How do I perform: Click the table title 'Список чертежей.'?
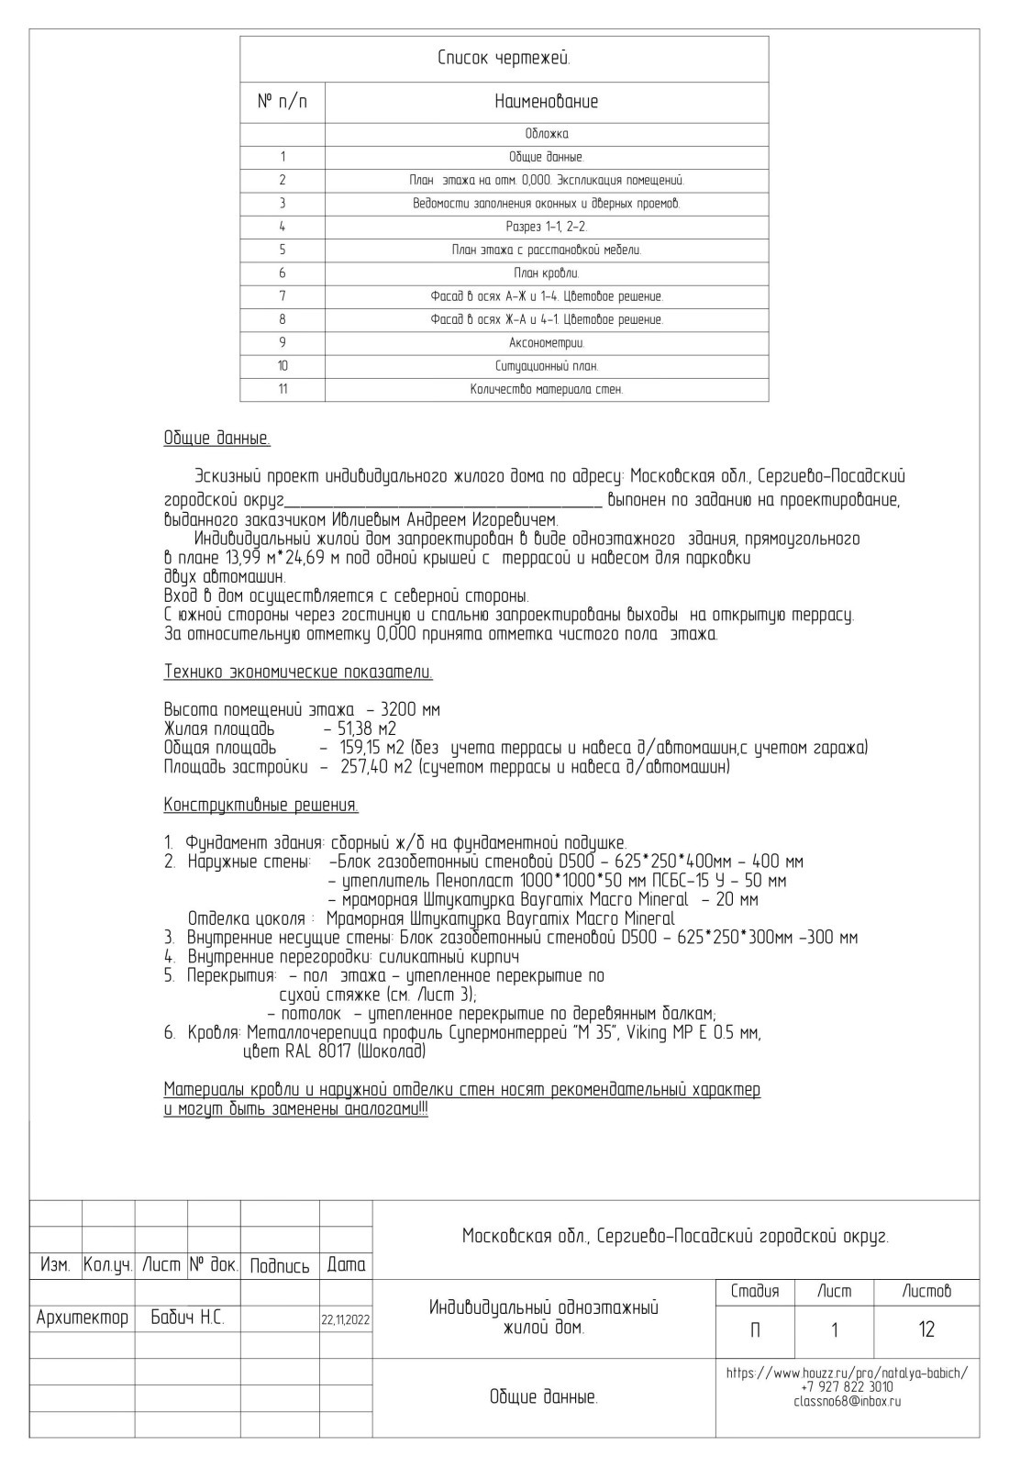[504, 60]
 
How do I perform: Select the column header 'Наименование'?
[546, 102]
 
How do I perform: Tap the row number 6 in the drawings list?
[283, 273]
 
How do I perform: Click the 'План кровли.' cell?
[546, 273]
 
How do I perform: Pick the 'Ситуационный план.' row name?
[546, 366]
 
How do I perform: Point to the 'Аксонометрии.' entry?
[546, 343]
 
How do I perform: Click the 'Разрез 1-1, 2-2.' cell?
[546, 227]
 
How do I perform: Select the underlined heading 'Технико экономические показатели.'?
[298, 673]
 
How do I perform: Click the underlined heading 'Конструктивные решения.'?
[261, 806]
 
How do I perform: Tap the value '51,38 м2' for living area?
[360, 729]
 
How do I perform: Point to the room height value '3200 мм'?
[410, 710]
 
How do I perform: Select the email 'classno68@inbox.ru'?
[847, 1401]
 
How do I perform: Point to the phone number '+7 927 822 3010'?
[847, 1387]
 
